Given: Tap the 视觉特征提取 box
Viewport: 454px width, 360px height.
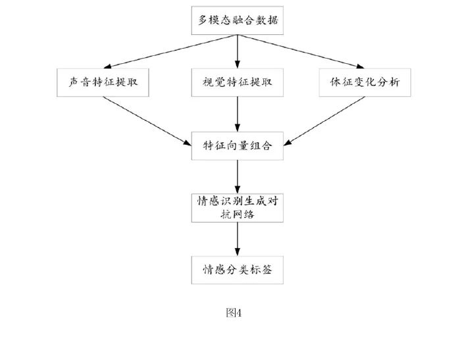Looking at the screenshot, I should (238, 84).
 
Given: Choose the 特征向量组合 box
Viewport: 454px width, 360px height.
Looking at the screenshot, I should (238, 145).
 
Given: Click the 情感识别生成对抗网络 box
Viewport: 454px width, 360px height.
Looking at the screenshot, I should (238, 207).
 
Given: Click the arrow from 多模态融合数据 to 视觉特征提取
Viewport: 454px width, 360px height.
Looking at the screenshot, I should (238, 51).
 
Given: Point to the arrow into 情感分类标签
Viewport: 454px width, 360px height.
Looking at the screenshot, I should (238, 238).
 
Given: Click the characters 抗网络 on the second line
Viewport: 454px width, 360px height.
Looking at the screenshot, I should (238, 214).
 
